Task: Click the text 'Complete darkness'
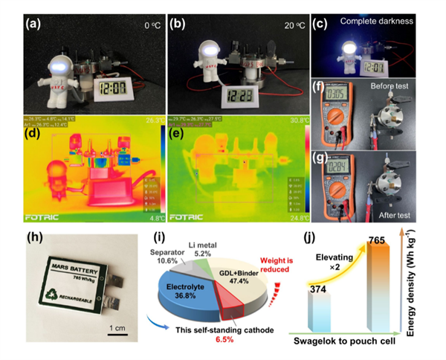tap(377, 22)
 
